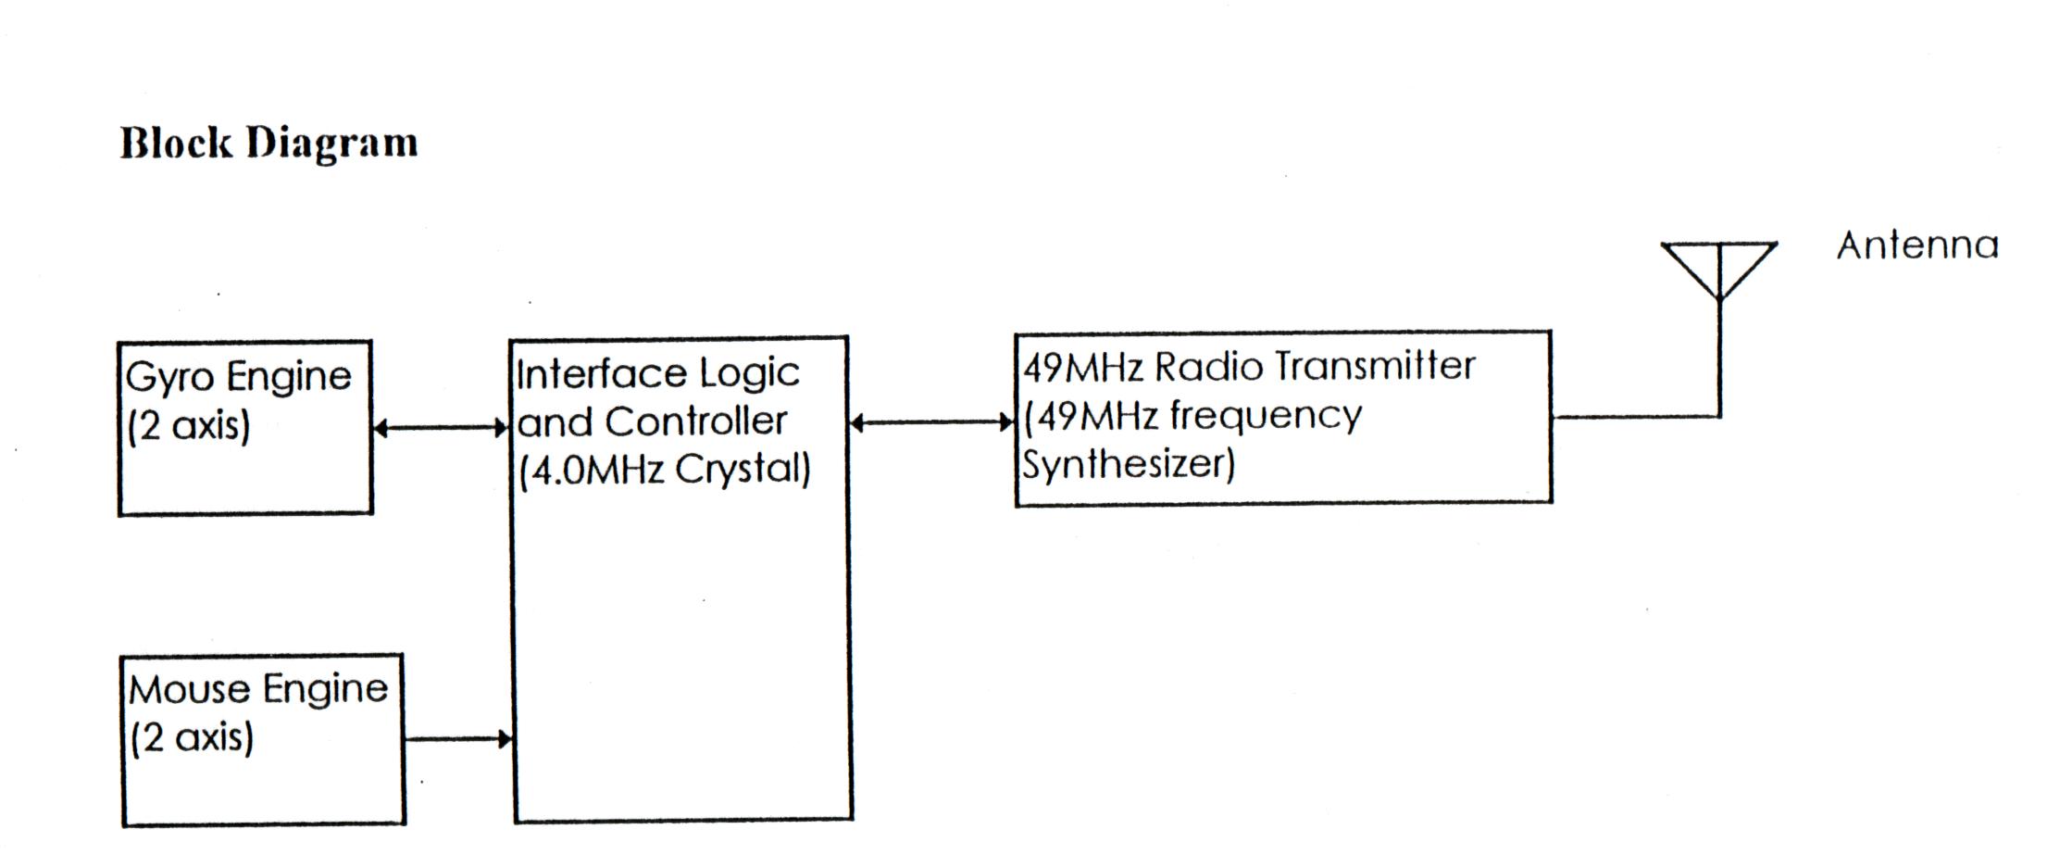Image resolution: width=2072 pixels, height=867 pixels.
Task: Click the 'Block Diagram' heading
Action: click(268, 144)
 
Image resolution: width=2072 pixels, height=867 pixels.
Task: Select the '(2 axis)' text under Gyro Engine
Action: click(189, 426)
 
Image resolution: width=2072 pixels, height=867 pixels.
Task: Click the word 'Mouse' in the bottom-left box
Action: click(189, 690)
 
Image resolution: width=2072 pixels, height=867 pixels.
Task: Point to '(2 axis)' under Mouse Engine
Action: click(192, 738)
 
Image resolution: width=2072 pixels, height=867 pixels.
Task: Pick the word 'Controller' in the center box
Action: click(695, 422)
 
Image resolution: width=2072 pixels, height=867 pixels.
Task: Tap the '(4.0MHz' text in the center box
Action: click(592, 470)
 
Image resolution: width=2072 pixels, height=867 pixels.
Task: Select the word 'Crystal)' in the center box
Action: click(743, 470)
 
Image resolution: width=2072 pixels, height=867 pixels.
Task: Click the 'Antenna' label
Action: click(1917, 246)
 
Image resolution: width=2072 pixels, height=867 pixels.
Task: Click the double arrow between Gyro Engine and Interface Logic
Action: click(441, 428)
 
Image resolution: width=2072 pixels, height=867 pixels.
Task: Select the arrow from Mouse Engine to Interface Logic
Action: click(458, 739)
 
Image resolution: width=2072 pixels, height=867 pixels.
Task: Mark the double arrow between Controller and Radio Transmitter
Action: click(931, 423)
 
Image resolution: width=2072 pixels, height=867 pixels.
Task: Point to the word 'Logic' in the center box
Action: click(749, 374)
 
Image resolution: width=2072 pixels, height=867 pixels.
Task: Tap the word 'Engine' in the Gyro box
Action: click(289, 378)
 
